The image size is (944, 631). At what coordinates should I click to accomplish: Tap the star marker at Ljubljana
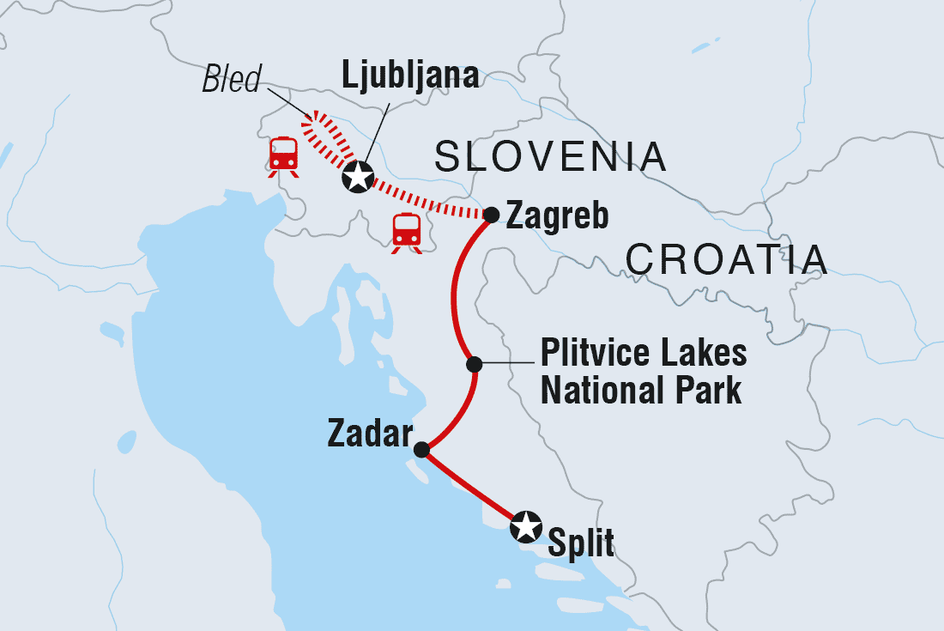tap(357, 178)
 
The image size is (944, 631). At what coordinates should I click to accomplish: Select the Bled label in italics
tap(231, 82)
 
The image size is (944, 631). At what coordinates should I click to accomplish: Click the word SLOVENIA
tap(550, 157)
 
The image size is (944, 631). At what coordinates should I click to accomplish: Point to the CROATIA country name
tap(727, 258)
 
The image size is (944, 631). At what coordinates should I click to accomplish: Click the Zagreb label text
tap(558, 215)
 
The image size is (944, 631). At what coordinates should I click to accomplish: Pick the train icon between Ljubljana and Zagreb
tap(406, 232)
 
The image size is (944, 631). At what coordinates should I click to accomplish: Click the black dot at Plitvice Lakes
tap(473, 365)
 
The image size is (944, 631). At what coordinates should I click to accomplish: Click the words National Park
tap(641, 391)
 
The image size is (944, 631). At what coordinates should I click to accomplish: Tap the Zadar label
tap(370, 435)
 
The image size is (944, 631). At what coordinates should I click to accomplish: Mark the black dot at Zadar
tap(421, 449)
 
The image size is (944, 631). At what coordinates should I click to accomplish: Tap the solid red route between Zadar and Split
tap(471, 487)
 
